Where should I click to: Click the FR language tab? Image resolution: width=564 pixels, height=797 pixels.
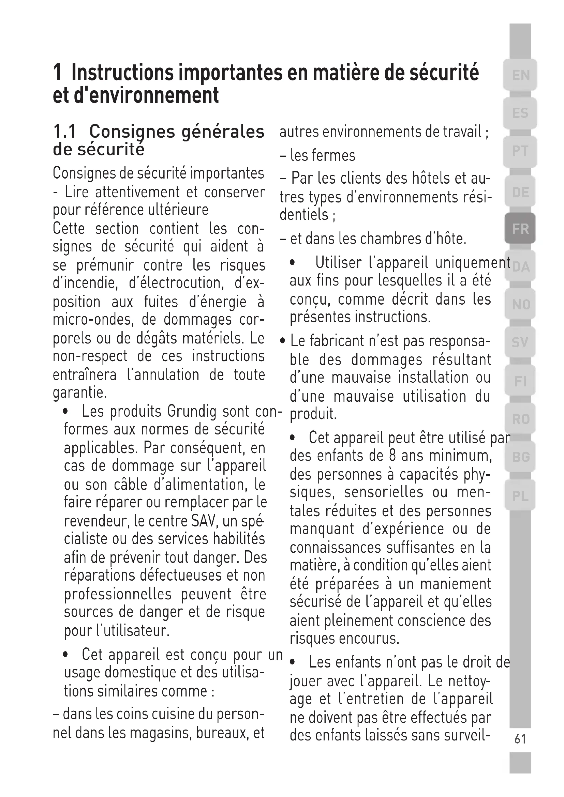tap(520, 229)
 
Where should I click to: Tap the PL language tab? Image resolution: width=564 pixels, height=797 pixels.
tap(520, 496)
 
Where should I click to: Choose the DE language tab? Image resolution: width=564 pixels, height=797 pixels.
tap(520, 192)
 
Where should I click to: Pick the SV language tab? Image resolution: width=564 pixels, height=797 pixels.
tap(520, 342)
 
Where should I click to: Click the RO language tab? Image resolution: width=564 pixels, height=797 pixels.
tap(520, 419)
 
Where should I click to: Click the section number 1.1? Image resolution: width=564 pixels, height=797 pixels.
tap(64, 132)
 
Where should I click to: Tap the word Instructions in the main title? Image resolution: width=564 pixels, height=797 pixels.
tap(122, 73)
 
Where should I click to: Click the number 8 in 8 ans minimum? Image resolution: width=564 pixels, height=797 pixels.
tap(392, 456)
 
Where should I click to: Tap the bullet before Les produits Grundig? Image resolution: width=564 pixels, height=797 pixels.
tap(65, 412)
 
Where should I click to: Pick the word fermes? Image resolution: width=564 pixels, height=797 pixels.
tap(334, 155)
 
